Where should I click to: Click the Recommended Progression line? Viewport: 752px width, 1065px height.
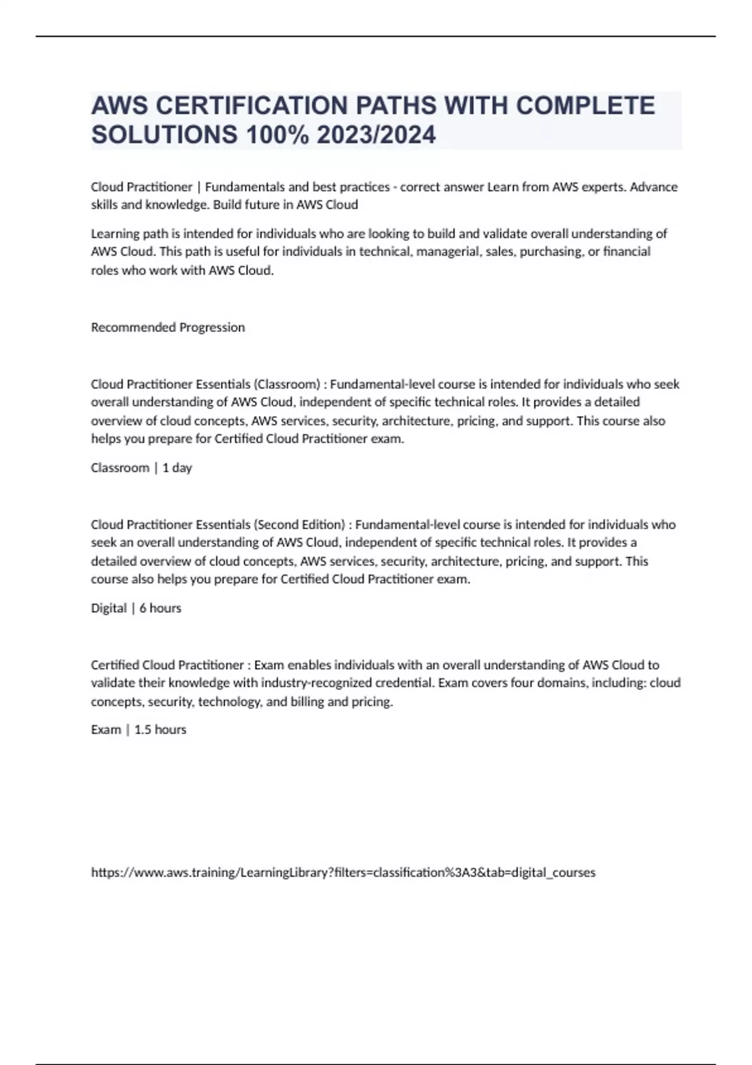[x=168, y=327]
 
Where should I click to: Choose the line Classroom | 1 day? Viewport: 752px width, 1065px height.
[x=142, y=468]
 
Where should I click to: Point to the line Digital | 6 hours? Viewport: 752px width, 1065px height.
[x=136, y=608]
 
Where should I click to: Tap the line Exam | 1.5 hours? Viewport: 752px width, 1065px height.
[x=138, y=730]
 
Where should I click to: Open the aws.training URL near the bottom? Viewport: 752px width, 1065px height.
[x=343, y=873]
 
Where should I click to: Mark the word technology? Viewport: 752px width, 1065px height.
[x=230, y=702]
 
